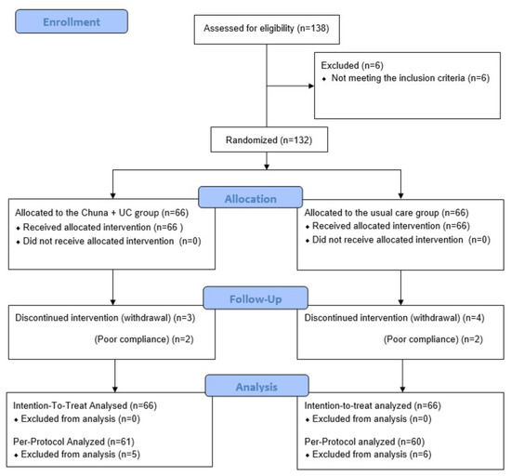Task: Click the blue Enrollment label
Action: (72, 21)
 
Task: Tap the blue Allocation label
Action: (250, 197)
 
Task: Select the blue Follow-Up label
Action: (255, 298)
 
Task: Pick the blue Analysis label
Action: (256, 386)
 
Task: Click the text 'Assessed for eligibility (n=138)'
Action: (267, 29)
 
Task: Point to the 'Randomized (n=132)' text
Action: (269, 140)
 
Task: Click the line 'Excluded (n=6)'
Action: (352, 65)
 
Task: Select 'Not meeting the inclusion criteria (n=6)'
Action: (411, 78)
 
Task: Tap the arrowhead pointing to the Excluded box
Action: (311, 86)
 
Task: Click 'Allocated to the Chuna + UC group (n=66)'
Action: (101, 213)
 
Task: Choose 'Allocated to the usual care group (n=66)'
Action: (387, 213)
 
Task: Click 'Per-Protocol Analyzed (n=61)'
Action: (73, 442)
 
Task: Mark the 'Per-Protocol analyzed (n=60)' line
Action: (364, 442)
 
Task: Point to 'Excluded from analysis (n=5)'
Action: (81, 455)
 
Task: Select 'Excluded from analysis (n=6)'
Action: (372, 455)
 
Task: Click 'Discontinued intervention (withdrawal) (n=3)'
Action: (105, 318)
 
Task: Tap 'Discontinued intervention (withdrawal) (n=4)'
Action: (394, 318)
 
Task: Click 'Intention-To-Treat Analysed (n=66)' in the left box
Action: (85, 406)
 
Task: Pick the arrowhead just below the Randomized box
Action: (267, 167)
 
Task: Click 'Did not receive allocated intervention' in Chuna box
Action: (98, 242)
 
